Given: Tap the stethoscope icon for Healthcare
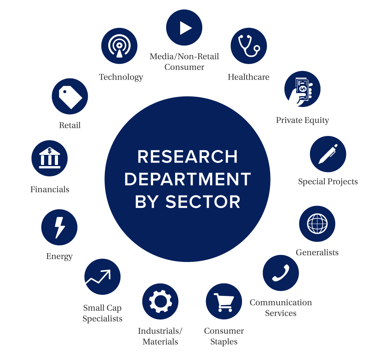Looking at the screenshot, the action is [249, 46].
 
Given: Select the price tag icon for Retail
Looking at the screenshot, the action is [70, 96].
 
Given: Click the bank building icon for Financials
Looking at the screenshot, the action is [49, 158].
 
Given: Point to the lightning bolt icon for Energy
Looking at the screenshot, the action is [59, 227].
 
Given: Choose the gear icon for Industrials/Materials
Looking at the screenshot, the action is [160, 301].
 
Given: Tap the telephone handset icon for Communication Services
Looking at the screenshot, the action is [281, 273].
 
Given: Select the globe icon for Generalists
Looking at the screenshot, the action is [317, 224].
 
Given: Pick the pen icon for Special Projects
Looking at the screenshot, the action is [328, 154].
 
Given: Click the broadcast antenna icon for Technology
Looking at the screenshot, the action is [119, 46].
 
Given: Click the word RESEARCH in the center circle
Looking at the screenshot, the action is [187, 157].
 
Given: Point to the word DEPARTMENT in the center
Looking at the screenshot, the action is [187, 179].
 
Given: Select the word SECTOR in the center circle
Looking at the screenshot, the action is [203, 202].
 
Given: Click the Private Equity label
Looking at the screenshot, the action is [303, 120].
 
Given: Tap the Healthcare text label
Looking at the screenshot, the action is [249, 77].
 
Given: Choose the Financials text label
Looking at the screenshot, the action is [50, 189].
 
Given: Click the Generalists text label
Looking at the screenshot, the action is [317, 253].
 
